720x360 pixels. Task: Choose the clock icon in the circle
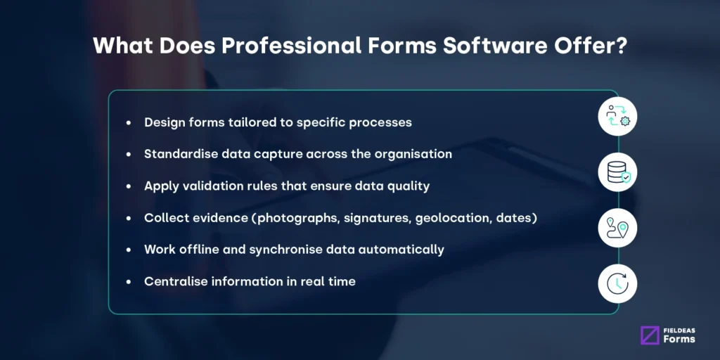point(617,285)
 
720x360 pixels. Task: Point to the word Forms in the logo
point(679,339)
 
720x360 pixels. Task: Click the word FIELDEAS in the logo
point(679,328)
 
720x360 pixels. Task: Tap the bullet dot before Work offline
point(128,250)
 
